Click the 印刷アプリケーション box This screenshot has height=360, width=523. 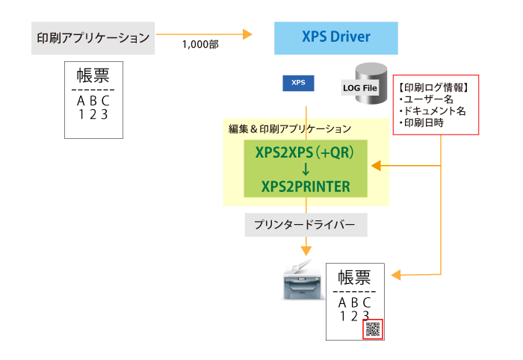click(93, 37)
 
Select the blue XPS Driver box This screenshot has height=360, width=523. click(335, 37)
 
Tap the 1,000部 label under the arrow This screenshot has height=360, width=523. click(200, 45)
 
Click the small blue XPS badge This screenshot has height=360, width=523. click(298, 82)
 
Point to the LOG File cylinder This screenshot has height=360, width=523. click(361, 84)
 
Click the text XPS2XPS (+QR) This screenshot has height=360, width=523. click(306, 154)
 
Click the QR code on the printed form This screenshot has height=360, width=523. click(372, 329)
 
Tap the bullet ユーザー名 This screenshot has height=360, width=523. click(427, 99)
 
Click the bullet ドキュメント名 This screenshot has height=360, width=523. click(432, 111)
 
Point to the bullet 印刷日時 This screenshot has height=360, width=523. click(421, 122)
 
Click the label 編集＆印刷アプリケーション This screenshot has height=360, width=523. click(289, 129)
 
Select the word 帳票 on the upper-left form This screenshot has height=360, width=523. click(93, 77)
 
